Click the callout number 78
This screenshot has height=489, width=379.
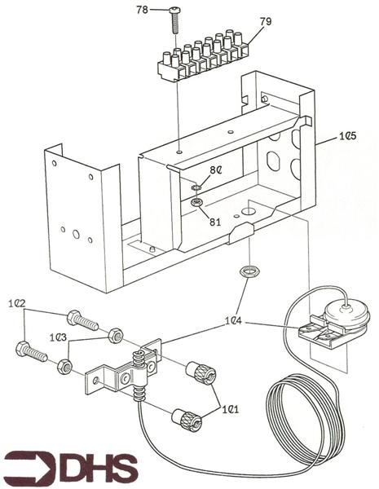(x=142, y=10)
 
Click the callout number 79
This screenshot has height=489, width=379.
(x=266, y=21)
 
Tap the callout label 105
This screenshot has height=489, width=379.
(x=348, y=136)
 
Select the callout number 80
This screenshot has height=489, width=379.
(x=216, y=170)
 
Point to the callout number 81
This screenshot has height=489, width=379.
(x=215, y=222)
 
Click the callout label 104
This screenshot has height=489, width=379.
(x=234, y=321)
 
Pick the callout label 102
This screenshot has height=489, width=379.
(x=17, y=303)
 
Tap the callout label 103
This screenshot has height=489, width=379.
(x=58, y=337)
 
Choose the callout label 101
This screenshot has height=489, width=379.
(x=230, y=409)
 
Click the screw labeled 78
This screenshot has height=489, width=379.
(x=174, y=21)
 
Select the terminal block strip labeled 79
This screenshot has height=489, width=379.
(x=203, y=56)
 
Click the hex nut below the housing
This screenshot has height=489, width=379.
(x=249, y=271)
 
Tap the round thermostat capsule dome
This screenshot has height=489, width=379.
(x=346, y=312)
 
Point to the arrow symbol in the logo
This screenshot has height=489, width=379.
(x=29, y=469)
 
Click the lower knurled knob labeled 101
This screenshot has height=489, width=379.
(x=187, y=420)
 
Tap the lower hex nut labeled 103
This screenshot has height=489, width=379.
(x=65, y=367)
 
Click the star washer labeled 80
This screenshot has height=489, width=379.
(x=196, y=187)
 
